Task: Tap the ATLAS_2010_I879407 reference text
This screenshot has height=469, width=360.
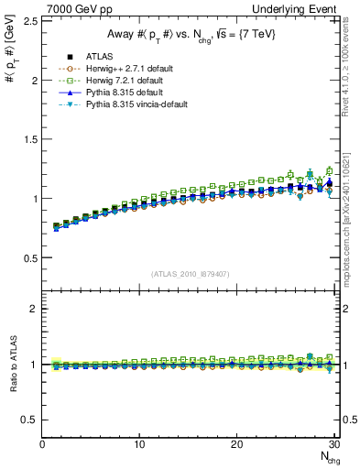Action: (x=190, y=274)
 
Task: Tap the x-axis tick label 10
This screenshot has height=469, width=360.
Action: (x=139, y=444)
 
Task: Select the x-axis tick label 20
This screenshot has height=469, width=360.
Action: (x=236, y=444)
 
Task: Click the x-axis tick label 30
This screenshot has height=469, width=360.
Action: (x=333, y=444)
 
